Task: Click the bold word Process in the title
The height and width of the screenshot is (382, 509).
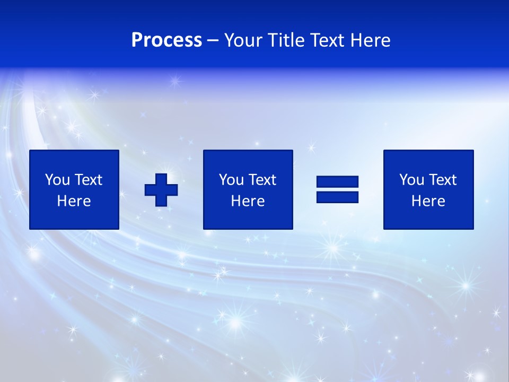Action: pyautogui.click(x=166, y=40)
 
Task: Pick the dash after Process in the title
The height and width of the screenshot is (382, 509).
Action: pyautogui.click(x=213, y=41)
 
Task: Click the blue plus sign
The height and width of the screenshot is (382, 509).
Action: pyautogui.click(x=161, y=189)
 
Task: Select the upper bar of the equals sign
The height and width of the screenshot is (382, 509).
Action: pyautogui.click(x=337, y=182)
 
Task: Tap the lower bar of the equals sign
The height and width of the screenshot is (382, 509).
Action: pyautogui.click(x=337, y=197)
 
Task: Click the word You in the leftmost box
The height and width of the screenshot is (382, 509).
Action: pyautogui.click(x=57, y=180)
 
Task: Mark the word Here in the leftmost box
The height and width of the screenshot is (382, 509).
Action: pyautogui.click(x=74, y=201)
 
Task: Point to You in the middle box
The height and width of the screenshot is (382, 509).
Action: pyautogui.click(x=231, y=180)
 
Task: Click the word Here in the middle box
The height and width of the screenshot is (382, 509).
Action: pyautogui.click(x=248, y=201)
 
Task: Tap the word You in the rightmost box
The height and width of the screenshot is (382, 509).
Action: pyautogui.click(x=411, y=180)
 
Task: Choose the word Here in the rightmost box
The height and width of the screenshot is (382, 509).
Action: pyautogui.click(x=428, y=201)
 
